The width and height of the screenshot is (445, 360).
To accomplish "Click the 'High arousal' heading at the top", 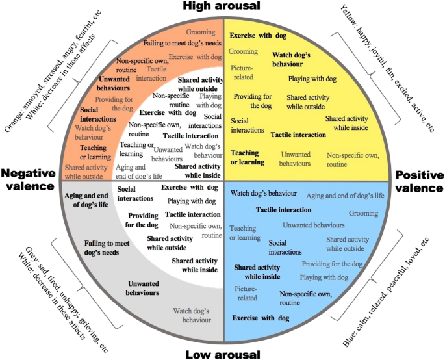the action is click(222, 6).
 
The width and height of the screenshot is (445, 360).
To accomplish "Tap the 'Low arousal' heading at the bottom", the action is click(222, 354).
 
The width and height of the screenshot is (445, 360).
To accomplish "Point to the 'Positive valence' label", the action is click(418, 181).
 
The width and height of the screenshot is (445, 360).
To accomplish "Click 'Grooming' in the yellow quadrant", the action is click(243, 51).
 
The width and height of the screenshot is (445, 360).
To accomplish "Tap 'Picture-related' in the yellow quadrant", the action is click(241, 72).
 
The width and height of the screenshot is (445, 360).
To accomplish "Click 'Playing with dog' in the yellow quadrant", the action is click(312, 79).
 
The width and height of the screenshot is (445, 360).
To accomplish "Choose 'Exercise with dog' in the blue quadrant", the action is click(261, 318).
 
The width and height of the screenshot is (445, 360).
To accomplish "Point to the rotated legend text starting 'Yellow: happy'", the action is click(388, 67).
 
